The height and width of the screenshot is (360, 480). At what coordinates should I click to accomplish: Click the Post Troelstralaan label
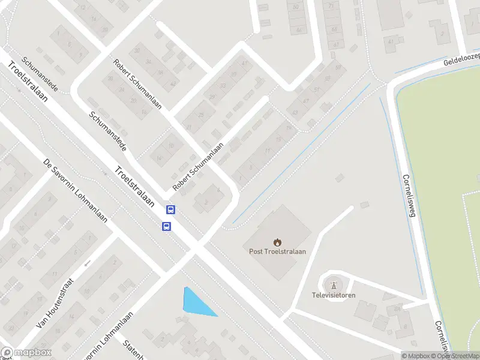pyautogui.click(x=277, y=252)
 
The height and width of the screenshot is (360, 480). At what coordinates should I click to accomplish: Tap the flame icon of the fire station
pyautogui.click(x=277, y=242)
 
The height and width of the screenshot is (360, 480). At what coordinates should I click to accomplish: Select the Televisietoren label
pyautogui.click(x=334, y=295)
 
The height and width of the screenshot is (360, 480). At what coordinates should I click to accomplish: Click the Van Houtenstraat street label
pyautogui.click(x=55, y=303)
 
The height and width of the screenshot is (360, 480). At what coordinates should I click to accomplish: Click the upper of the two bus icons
pyautogui.click(x=171, y=209)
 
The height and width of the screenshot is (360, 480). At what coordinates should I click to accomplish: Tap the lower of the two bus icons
pyautogui.click(x=166, y=226)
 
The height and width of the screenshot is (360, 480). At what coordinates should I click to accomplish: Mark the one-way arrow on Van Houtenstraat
pyautogui.click(x=88, y=263)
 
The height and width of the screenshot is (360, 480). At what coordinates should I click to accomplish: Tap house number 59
pyautogui.click(x=338, y=67)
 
